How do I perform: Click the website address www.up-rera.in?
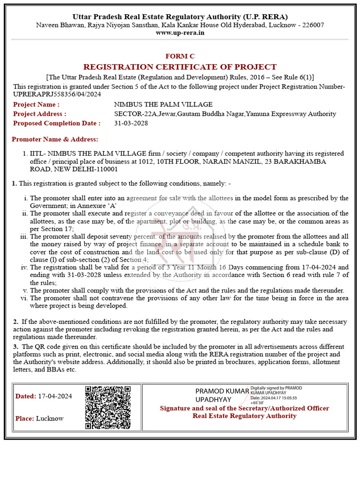(180, 33)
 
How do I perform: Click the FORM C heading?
(180, 56)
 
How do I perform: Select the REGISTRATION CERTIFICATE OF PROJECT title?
(180, 67)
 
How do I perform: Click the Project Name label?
(36, 105)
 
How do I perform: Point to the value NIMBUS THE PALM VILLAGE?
(163, 105)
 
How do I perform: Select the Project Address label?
(39, 114)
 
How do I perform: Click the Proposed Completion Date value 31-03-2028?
(131, 123)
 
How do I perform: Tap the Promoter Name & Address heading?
(55, 139)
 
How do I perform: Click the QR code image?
(107, 407)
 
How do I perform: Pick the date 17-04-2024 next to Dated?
(55, 396)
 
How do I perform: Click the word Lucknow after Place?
(50, 418)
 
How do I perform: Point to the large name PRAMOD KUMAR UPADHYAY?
(220, 395)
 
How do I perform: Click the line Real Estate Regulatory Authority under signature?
(244, 416)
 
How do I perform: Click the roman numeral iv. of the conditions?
(24, 268)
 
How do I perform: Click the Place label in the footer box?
(24, 418)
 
